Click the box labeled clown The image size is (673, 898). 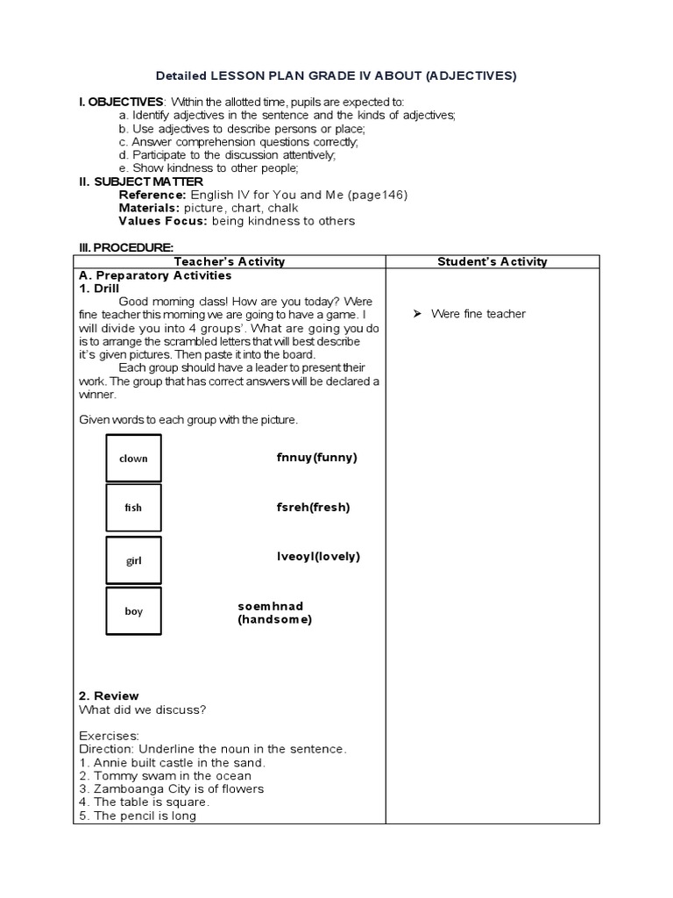133,458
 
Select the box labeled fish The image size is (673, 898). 133,508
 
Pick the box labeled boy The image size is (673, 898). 133,611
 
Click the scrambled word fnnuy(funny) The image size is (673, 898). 316,457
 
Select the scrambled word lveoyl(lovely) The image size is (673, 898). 318,556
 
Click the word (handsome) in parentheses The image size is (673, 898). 274,619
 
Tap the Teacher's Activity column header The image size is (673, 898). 230,261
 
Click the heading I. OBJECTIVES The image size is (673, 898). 121,103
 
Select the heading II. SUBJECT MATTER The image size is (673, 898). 140,182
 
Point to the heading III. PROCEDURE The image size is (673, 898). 126,247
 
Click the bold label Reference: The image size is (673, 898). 152,195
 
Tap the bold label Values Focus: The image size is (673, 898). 162,221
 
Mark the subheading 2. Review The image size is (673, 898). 109,696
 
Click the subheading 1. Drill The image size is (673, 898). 99,288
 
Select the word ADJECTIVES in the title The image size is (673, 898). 471,76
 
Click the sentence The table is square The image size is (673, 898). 145,802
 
